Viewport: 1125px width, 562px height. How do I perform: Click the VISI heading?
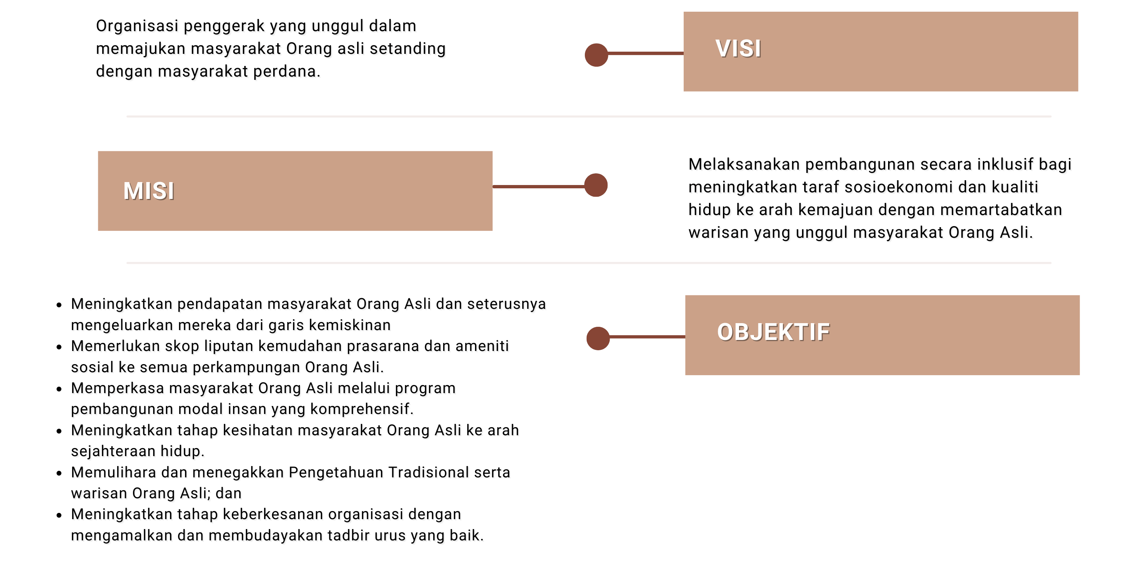(738, 48)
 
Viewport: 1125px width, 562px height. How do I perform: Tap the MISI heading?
(149, 191)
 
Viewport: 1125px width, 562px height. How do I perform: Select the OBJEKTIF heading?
(773, 332)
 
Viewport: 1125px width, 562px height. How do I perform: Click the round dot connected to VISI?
(597, 55)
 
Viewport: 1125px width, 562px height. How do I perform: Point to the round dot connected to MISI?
(596, 185)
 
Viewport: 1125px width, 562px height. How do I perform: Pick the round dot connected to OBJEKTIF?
(598, 338)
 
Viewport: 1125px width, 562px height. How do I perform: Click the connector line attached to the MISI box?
(538, 186)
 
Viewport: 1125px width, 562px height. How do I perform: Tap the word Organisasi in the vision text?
(138, 26)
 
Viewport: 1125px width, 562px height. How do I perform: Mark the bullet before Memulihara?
(59, 473)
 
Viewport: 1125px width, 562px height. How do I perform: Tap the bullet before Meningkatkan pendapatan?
(59, 304)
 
